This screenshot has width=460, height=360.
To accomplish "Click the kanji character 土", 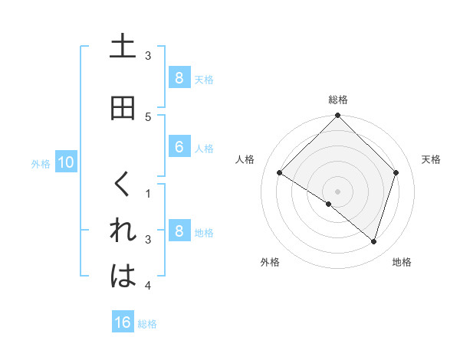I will tap(123, 47).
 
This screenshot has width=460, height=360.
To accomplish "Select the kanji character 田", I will tap(123, 108).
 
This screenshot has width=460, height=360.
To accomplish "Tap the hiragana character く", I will tap(123, 185).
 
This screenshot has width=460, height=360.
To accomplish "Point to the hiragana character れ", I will tap(123, 231).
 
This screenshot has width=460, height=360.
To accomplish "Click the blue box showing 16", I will tap(123, 322).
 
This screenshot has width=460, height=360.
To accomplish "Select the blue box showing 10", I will tap(65, 162).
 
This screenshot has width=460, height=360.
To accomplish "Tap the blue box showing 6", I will tap(179, 147).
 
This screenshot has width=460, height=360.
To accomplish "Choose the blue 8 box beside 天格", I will tap(179, 77).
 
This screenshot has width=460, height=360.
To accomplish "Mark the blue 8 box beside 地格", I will tap(179, 231).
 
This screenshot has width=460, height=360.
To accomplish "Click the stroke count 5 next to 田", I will tap(148, 116).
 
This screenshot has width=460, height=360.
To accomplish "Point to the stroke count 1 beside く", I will tap(148, 193).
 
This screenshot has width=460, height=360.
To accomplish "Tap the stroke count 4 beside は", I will tap(148, 286).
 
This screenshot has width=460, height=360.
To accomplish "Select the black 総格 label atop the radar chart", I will tap(338, 100).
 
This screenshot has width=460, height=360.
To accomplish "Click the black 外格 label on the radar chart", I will tap(270, 262).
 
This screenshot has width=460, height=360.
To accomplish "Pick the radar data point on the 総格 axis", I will tap(338, 116).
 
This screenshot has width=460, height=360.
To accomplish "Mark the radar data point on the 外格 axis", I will tap(329, 204).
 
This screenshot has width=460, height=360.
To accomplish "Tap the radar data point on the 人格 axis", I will tap(280, 173).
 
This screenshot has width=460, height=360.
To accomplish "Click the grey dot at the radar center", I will tap(338, 191).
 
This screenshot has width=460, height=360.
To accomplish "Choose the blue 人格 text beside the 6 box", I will tap(204, 148).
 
